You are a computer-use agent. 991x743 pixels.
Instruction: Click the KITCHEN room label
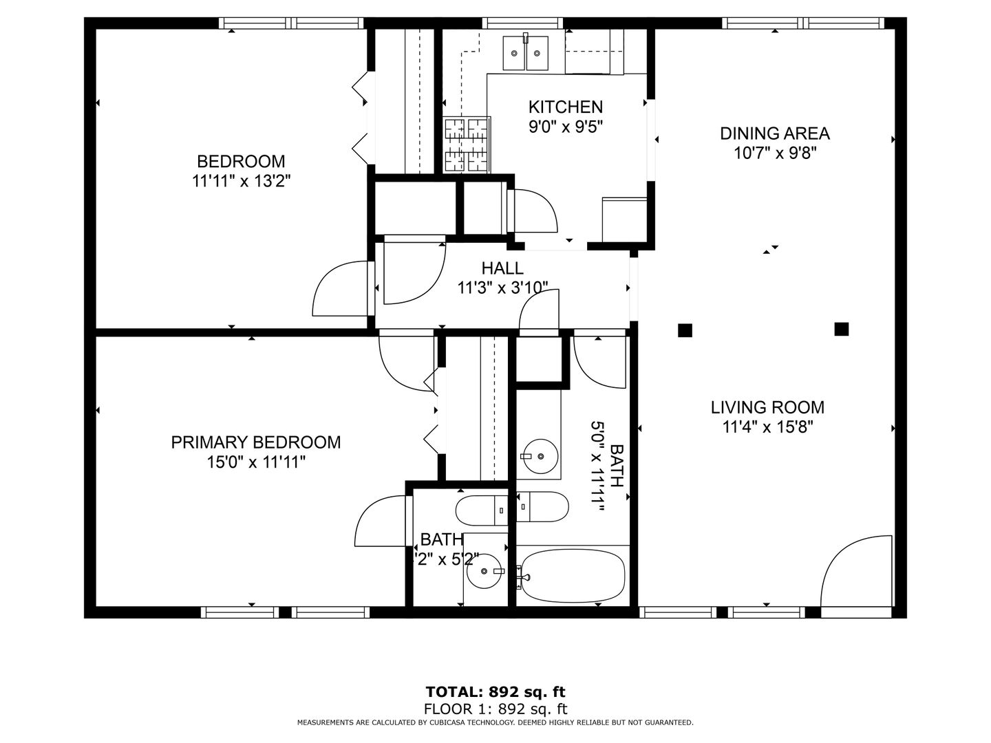[x=565, y=107]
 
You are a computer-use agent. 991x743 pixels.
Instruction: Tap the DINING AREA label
[x=775, y=133]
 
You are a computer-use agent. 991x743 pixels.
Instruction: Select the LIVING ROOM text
[x=767, y=407]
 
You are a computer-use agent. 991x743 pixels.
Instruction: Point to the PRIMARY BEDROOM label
[x=255, y=442]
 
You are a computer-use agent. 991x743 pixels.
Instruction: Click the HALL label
[x=502, y=268]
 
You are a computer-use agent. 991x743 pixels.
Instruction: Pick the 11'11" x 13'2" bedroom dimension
[x=241, y=182]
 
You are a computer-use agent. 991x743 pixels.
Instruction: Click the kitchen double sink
[x=526, y=53]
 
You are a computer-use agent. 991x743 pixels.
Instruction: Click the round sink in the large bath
[x=540, y=456]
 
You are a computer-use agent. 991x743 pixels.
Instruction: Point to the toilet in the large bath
[x=542, y=506]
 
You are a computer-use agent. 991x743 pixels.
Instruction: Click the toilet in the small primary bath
[x=482, y=510]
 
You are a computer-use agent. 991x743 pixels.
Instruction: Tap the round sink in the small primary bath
[x=484, y=571]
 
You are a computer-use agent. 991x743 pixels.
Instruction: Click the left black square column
[x=685, y=330]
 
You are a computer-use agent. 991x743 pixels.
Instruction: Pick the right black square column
[x=841, y=329]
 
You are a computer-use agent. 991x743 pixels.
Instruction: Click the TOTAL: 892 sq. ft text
[x=495, y=691]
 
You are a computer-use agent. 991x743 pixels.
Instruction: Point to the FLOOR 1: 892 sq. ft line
[x=495, y=709]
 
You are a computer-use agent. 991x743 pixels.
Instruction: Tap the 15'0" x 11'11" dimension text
[x=256, y=462]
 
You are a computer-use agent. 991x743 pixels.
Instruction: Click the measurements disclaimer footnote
[x=495, y=722]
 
